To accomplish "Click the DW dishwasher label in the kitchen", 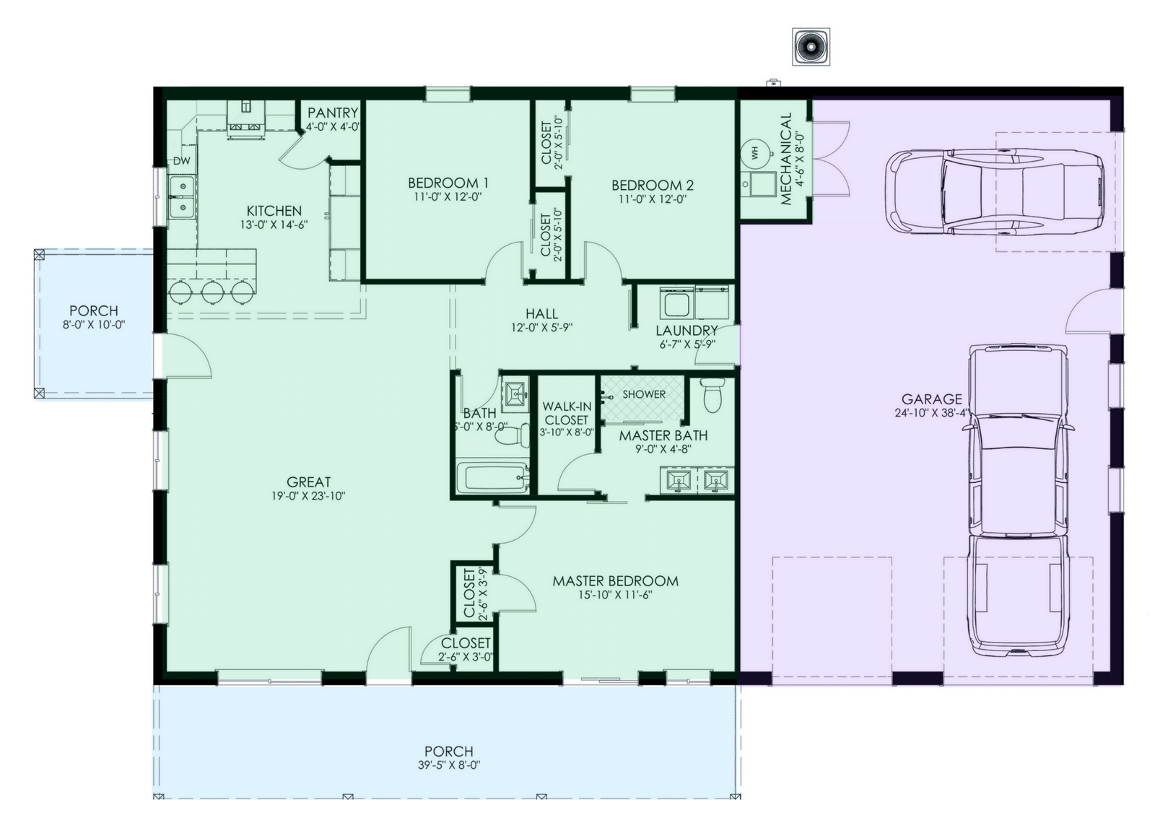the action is pyautogui.click(x=181, y=161).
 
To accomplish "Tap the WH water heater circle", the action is pyautogui.click(x=756, y=153).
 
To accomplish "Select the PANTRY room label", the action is pyautogui.click(x=333, y=113).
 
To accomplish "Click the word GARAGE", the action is pyautogui.click(x=931, y=399).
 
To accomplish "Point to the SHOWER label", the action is pyautogui.click(x=644, y=394).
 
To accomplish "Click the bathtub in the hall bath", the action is pyautogui.click(x=492, y=478).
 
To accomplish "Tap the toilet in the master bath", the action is pyautogui.click(x=712, y=396).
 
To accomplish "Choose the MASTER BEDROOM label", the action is pyautogui.click(x=615, y=580).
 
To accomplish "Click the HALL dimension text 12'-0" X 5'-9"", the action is pyautogui.click(x=541, y=327).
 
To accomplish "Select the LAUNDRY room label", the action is pyautogui.click(x=687, y=330).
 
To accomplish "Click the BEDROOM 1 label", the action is pyautogui.click(x=448, y=183).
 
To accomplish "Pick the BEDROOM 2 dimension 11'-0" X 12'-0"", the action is pyautogui.click(x=653, y=199).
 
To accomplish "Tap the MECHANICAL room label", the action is pyautogui.click(x=785, y=160).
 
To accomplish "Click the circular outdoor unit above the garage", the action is pyautogui.click(x=811, y=47).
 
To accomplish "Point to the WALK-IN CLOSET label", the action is pyautogui.click(x=566, y=413).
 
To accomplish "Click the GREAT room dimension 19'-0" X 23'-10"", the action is pyautogui.click(x=308, y=496).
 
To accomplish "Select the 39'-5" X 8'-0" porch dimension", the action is pyautogui.click(x=448, y=765).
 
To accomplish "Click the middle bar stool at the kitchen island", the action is pyautogui.click(x=212, y=292).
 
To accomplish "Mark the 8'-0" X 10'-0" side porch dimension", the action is pyautogui.click(x=94, y=325).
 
